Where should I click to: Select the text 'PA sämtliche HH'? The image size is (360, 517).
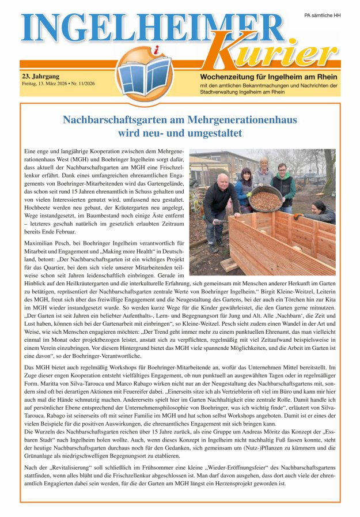323,15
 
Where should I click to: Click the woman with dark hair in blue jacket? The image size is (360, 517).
245,184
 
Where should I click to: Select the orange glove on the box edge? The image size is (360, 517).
298,216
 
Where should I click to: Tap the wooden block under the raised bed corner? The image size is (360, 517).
229,265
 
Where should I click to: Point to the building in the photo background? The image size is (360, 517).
219,161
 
